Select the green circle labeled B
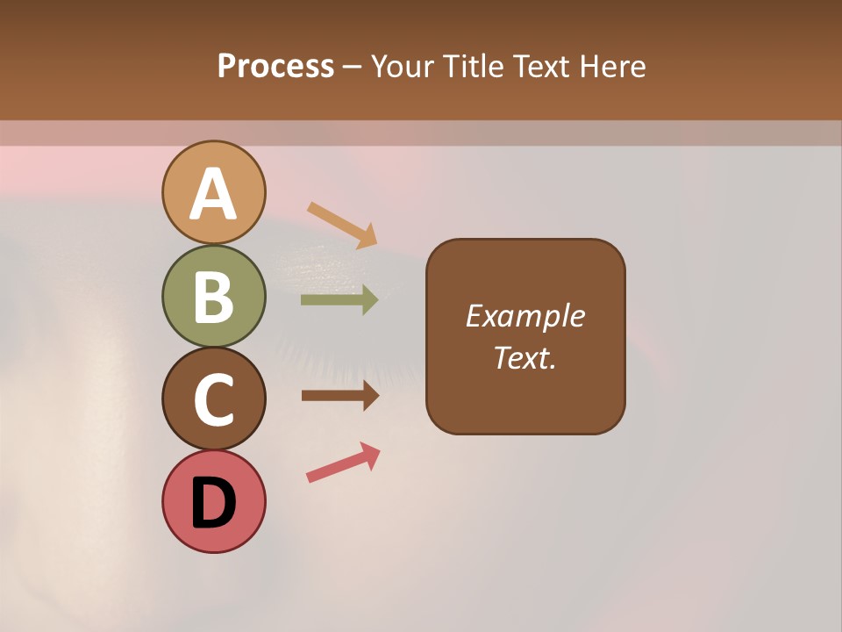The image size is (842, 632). coord(213,296)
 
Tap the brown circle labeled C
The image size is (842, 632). coord(213,399)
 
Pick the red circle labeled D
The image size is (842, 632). coord(213,501)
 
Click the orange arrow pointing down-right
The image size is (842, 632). coord(342,225)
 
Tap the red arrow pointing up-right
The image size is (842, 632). coord(343,463)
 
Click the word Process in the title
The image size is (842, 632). coord(275,67)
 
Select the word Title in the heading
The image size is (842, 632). coord(472,67)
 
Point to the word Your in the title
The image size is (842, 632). coord(403,67)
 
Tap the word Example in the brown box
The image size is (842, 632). coord(524,316)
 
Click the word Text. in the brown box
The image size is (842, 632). coord(524,358)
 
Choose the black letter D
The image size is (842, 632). coord(213,503)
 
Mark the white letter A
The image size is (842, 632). coord(213,194)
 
